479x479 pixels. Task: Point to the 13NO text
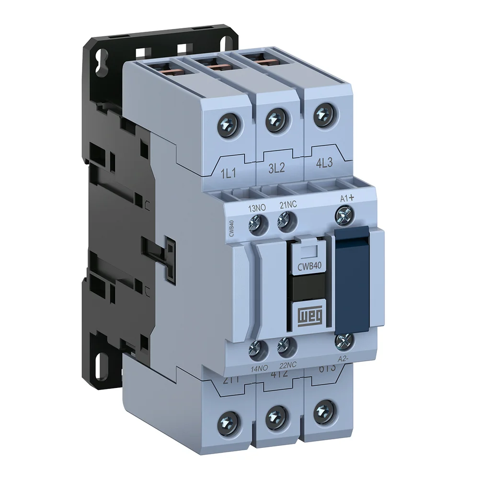pos(257,208)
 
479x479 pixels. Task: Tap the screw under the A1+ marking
pos(343,216)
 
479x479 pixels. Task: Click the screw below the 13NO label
pos(258,225)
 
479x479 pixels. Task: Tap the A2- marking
pos(343,358)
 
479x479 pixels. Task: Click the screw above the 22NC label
pos(285,345)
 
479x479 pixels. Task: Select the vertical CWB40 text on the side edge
pos(231,228)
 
